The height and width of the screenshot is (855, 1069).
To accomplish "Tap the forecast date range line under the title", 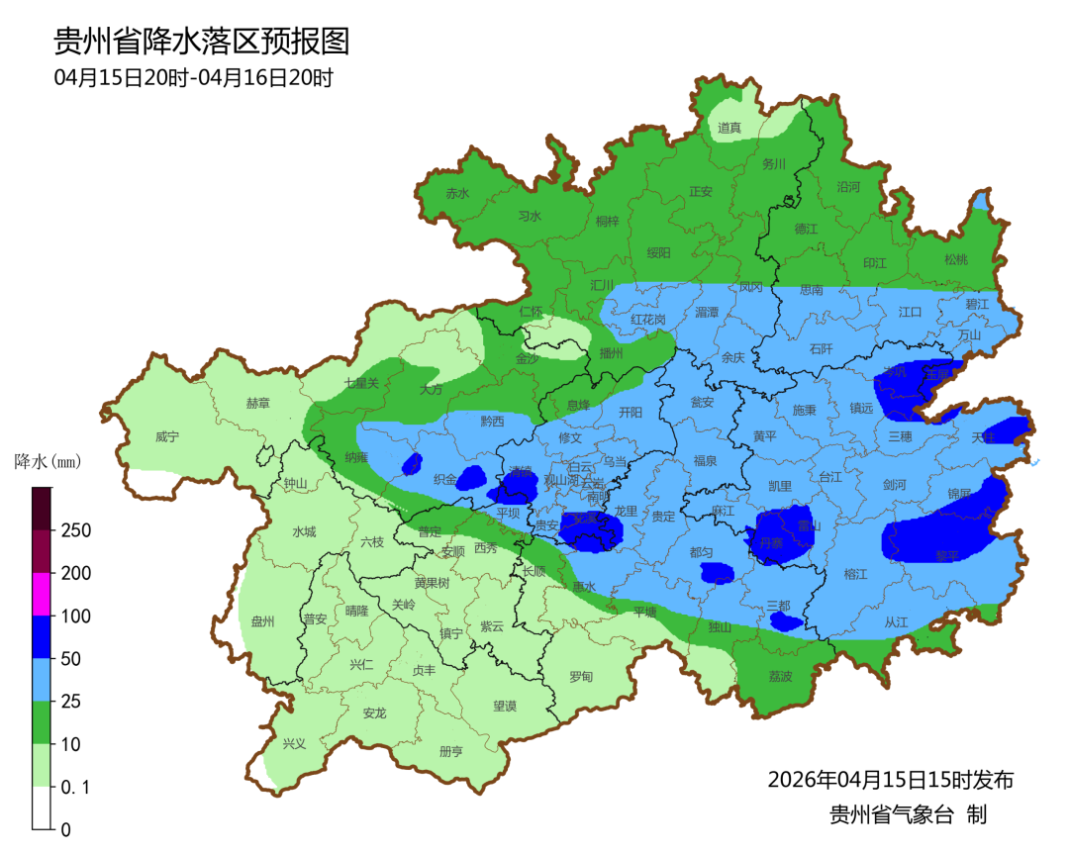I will click(x=193, y=78).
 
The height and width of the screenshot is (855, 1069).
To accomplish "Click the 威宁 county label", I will click(x=169, y=436).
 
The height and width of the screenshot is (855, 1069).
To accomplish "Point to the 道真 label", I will click(x=729, y=128).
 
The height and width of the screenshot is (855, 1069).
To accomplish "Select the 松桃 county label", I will click(x=955, y=260).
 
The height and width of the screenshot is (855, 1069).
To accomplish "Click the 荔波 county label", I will click(x=780, y=677).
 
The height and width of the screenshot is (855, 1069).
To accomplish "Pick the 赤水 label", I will click(x=457, y=194).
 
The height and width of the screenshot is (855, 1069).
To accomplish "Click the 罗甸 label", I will click(x=581, y=677).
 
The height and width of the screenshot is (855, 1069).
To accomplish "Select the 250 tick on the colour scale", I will click(x=76, y=530).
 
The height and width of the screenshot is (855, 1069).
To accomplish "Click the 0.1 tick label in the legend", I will click(x=77, y=787).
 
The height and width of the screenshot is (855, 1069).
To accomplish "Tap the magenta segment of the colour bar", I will click(x=42, y=594).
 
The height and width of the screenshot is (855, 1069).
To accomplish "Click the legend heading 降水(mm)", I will click(x=47, y=461).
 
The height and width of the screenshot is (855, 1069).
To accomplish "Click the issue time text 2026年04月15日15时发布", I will click(x=890, y=780).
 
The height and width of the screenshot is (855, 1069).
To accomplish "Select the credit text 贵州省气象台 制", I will click(x=908, y=815).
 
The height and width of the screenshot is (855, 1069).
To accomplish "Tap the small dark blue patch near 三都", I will click(x=787, y=621).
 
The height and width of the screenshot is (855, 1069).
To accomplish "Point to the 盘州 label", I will click(x=262, y=621).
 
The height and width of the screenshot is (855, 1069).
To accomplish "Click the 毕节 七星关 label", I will click(x=361, y=382).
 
